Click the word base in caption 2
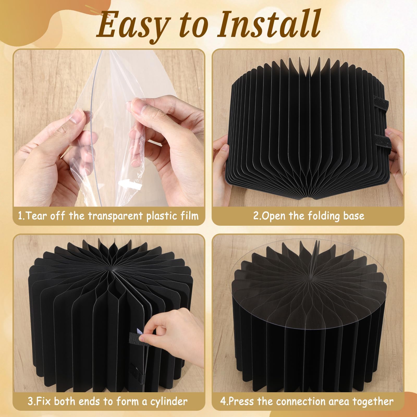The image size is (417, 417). [353, 216]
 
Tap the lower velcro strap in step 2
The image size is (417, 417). [383, 143]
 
